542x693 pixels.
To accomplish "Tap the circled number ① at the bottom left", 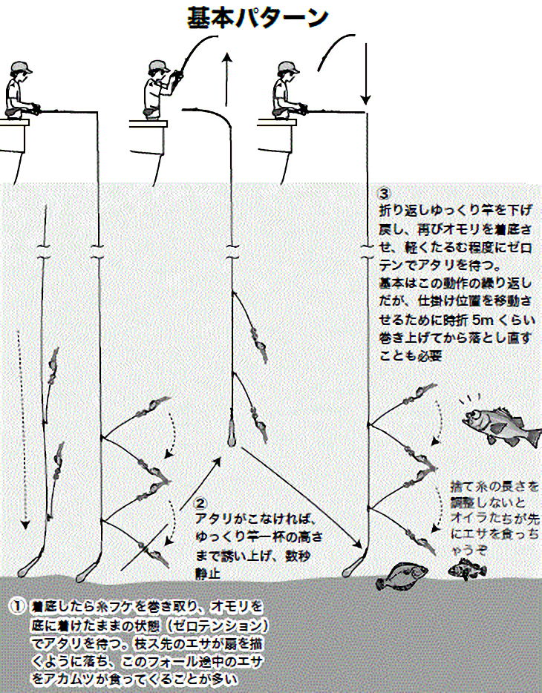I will pos(17,605).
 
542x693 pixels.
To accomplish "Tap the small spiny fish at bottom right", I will pos(467,570).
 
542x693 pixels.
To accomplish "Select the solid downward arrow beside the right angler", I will pos(365,74).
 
